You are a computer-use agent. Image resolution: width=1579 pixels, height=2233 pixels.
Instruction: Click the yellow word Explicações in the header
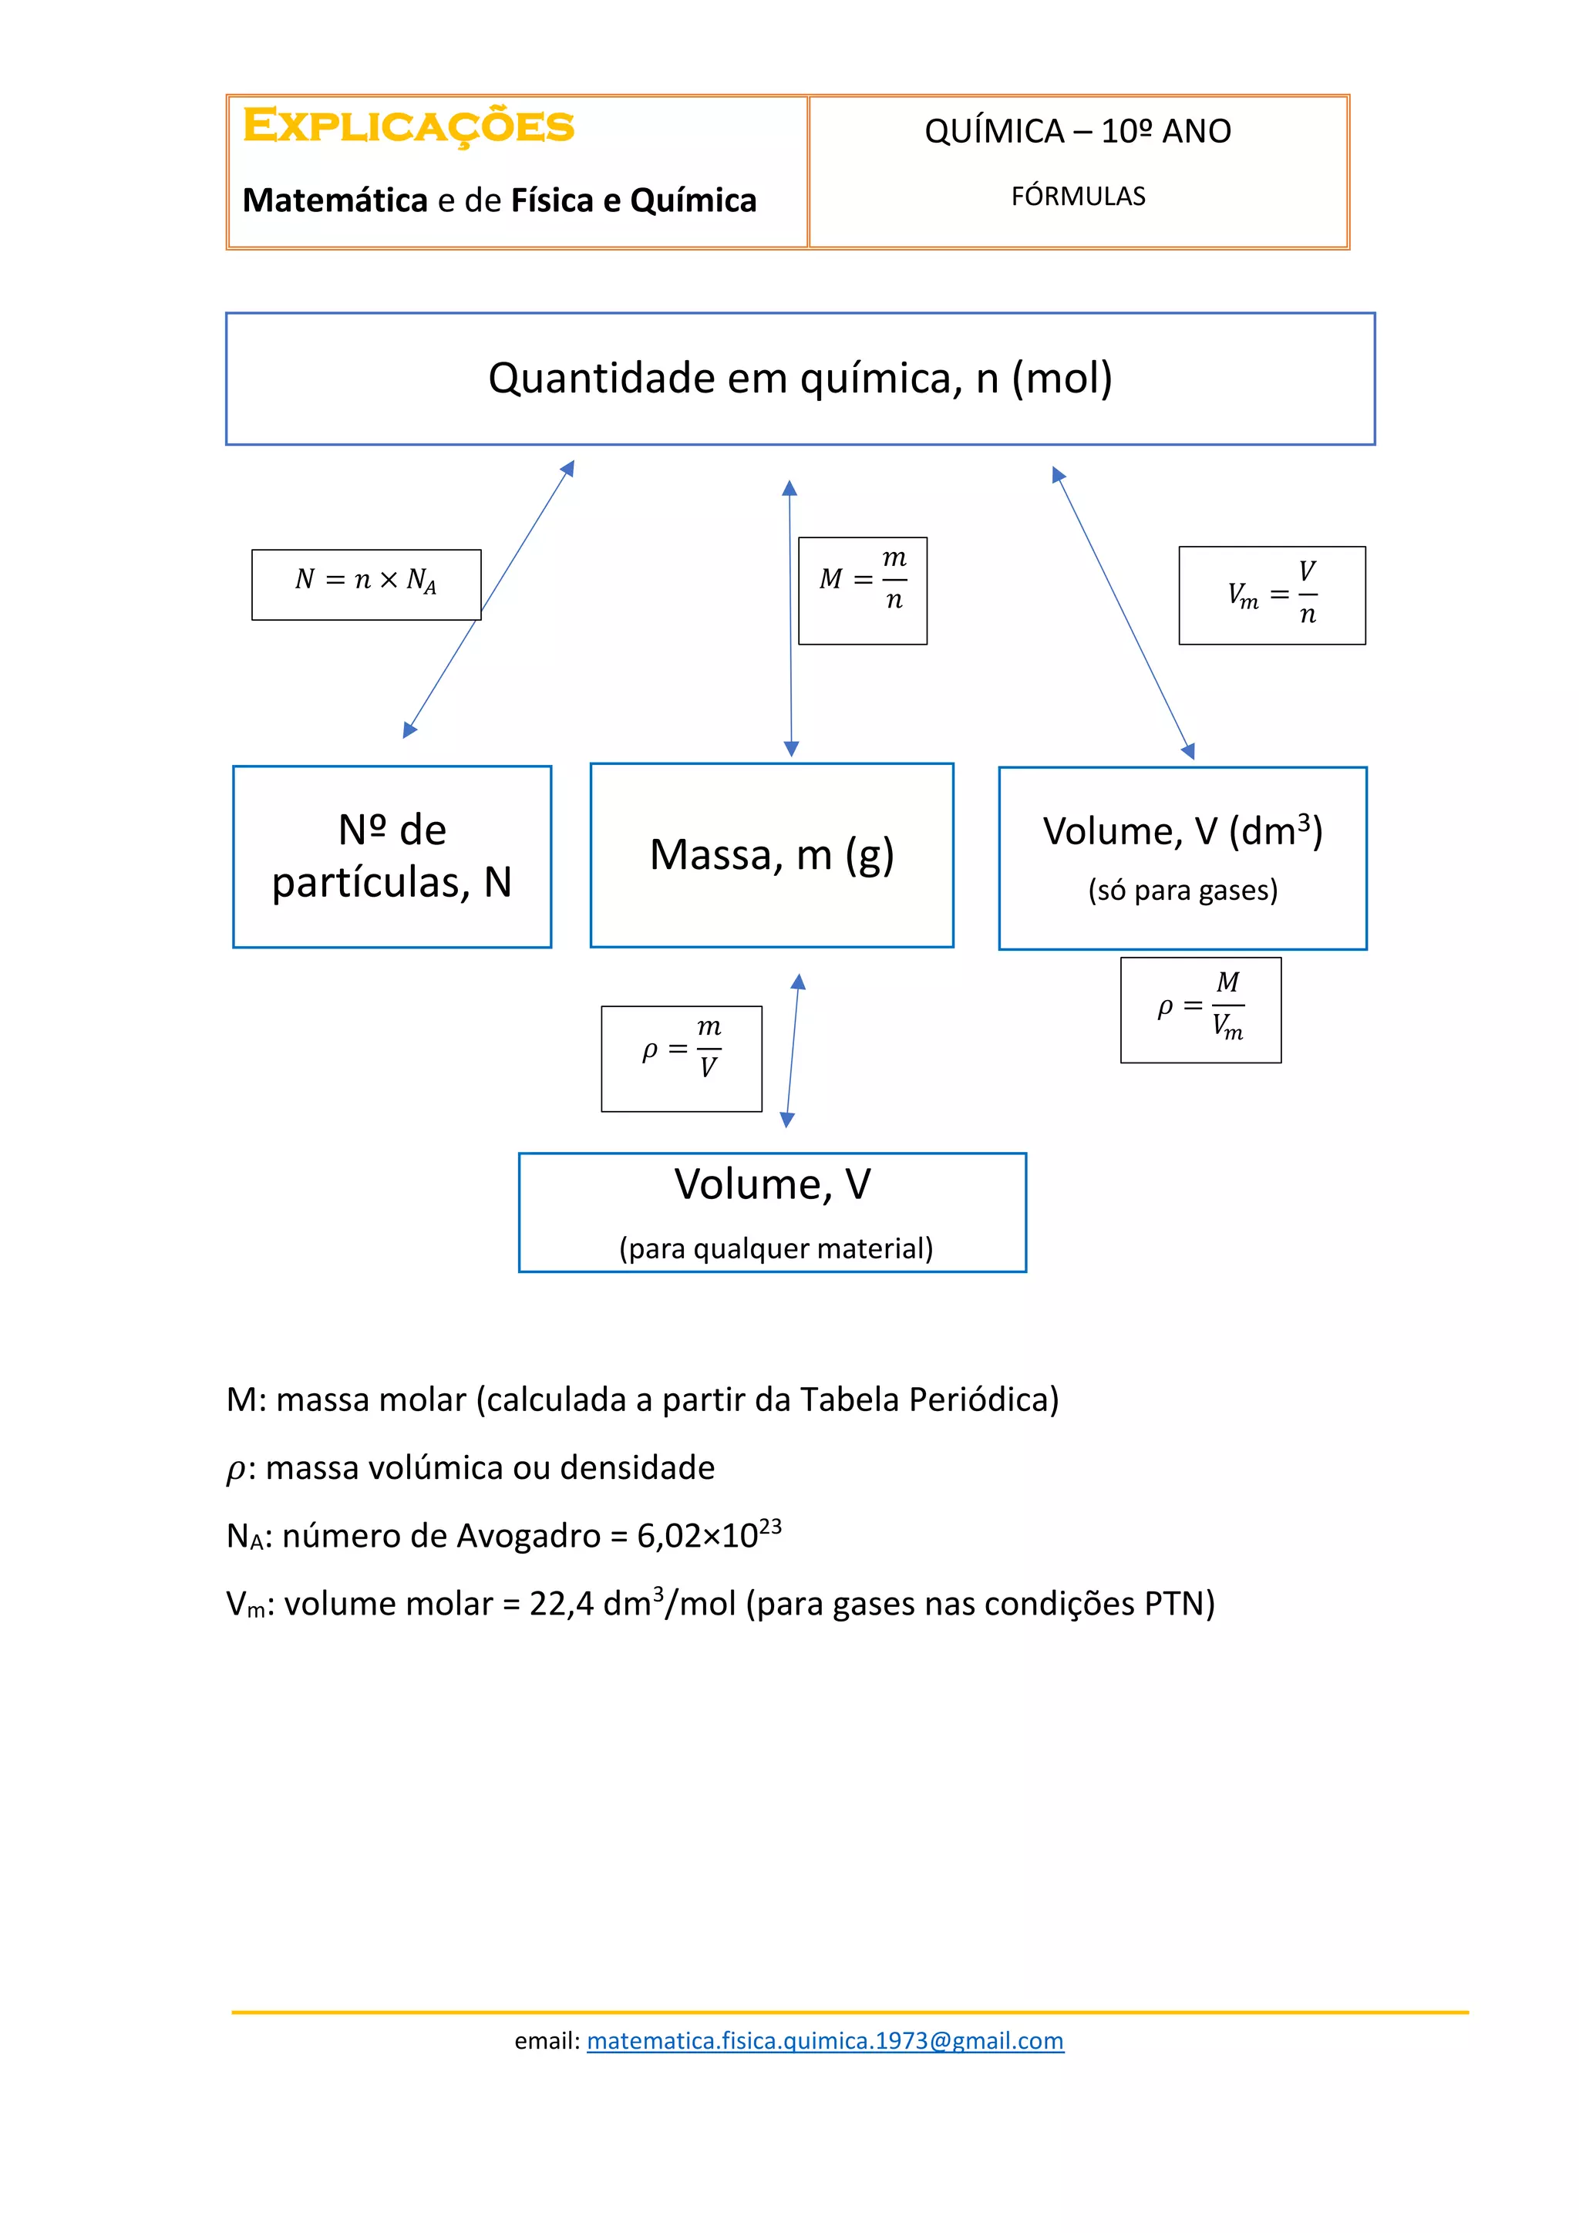coord(409,126)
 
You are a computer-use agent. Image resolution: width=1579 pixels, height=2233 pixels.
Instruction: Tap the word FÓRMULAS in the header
coord(1079,197)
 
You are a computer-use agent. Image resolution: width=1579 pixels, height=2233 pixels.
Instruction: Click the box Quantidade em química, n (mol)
coord(800,379)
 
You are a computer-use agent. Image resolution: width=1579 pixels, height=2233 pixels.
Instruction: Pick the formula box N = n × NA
coord(365,584)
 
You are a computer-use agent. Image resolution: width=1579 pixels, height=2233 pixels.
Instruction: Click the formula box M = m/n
coord(863,591)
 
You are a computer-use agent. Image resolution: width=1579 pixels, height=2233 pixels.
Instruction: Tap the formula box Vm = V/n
coord(1271,595)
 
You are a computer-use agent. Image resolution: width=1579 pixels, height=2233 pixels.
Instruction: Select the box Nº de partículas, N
coord(392,856)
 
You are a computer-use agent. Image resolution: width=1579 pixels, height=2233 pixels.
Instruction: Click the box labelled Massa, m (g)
coord(771,855)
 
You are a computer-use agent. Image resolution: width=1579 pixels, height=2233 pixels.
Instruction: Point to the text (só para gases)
coord(1182,890)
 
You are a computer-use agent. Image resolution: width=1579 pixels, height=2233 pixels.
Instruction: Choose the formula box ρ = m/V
coord(682,1058)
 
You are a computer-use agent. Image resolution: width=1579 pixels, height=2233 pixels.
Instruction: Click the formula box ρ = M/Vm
coord(1200,1009)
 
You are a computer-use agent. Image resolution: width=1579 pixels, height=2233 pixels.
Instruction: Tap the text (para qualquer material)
coord(776,1248)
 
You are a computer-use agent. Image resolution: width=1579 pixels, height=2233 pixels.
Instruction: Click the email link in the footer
coord(826,2040)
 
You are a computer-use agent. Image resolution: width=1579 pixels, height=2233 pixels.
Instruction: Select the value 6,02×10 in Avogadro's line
coord(697,1537)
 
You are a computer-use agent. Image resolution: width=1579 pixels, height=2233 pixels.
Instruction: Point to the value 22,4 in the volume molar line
coord(561,1604)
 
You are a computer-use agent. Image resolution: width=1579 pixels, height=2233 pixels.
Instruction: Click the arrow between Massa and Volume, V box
coord(793,1050)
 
